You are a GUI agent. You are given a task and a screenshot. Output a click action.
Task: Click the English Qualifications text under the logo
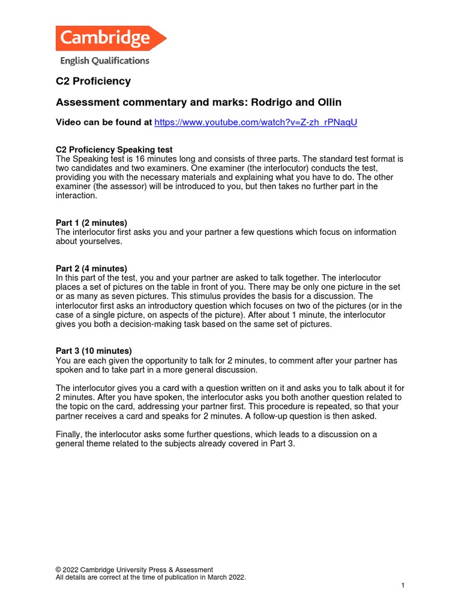[104, 61]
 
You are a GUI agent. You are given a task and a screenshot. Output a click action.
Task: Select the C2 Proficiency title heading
[93, 81]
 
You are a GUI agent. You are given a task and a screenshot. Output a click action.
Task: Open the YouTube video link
[256, 123]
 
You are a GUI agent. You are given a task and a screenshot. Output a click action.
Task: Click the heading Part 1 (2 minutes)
[91, 223]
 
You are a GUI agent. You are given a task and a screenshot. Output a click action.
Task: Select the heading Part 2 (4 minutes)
[91, 268]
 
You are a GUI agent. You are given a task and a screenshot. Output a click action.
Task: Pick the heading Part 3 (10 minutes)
[94, 351]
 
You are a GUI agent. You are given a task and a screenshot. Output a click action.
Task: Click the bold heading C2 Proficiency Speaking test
[114, 150]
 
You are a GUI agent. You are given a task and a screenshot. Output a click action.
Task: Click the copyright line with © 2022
[134, 570]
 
